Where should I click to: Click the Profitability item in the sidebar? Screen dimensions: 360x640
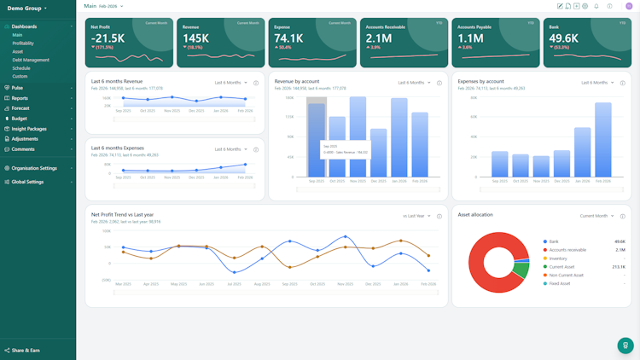tap(24, 44)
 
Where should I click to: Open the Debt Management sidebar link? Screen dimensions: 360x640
tap(31, 60)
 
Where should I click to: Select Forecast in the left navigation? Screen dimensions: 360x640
tap(20, 108)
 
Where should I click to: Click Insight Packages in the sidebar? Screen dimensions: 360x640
tap(29, 129)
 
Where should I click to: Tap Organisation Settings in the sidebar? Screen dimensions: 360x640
tap(34, 168)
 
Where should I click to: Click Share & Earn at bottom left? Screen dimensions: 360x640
tap(26, 350)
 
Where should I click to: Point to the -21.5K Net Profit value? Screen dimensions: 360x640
tap(108, 38)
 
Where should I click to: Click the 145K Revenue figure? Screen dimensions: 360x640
tap(195, 38)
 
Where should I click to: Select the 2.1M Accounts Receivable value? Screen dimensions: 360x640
tap(379, 38)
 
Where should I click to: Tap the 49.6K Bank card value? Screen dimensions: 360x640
tap(563, 38)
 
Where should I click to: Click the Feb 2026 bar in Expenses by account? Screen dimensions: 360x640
tap(603, 140)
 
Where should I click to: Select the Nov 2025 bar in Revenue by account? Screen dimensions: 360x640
tap(358, 136)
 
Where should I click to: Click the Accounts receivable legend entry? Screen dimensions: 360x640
tap(568, 250)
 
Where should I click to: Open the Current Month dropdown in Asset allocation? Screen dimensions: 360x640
tap(596, 216)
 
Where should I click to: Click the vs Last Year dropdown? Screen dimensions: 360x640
tap(417, 216)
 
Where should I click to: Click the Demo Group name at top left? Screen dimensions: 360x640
tap(26, 9)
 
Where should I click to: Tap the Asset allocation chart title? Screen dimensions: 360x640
tap(475, 215)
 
